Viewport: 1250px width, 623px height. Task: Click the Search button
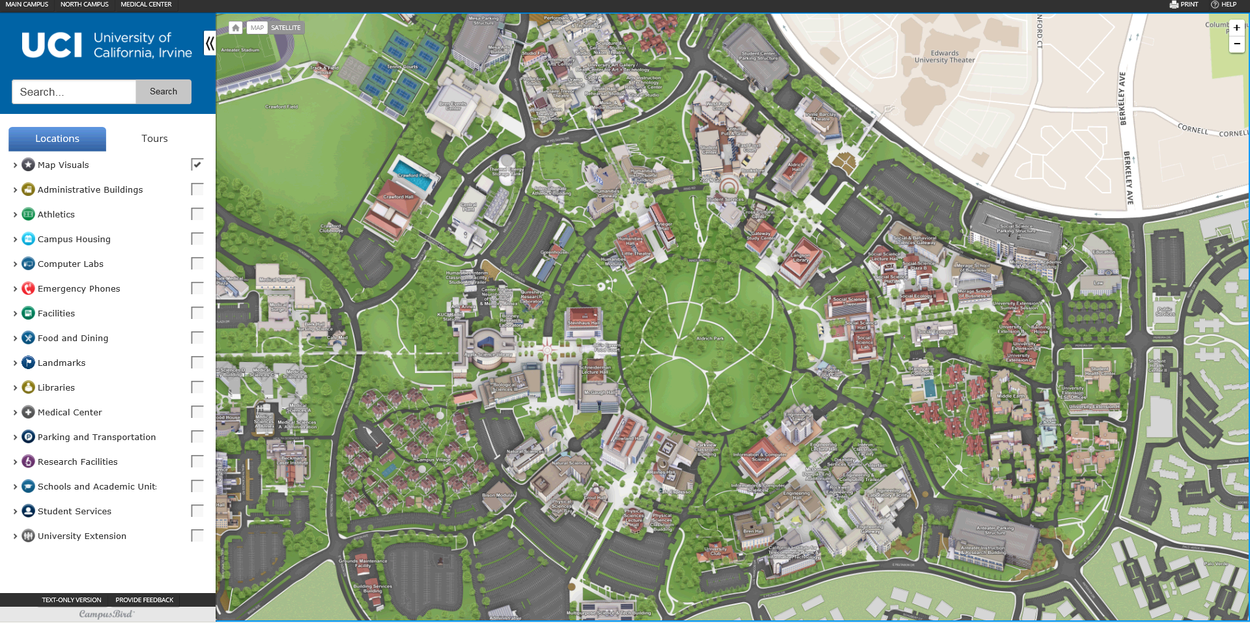pos(163,92)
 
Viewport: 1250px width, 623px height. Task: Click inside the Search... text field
pos(74,92)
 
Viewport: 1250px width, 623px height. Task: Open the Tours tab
pos(154,139)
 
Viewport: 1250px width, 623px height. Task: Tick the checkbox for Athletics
pos(197,214)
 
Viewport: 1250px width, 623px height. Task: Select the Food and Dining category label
pos(73,338)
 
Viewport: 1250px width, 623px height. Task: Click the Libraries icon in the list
pos(28,387)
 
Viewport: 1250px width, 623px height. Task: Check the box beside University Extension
pos(197,536)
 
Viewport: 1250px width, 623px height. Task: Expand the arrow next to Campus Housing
pos(15,240)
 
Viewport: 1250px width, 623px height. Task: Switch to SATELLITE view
pos(285,28)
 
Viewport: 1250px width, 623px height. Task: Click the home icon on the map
pos(236,28)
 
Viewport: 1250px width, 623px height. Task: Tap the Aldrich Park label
pos(709,339)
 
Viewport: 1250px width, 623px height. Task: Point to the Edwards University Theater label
pos(944,57)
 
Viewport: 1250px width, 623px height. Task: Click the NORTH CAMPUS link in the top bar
pos(84,5)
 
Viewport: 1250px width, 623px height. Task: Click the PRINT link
pos(1184,5)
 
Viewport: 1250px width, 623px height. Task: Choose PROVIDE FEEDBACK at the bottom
pos(144,600)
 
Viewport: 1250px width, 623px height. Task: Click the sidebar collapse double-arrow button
pos(210,44)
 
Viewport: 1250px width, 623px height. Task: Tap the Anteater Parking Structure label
pos(995,531)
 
